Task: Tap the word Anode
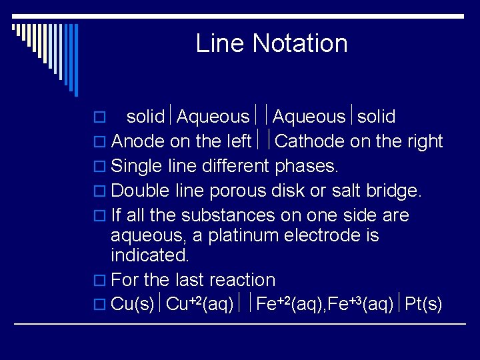coord(139,141)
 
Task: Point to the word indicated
coord(150,255)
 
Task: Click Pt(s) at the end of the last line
coord(423,305)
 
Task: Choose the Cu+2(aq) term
coord(199,305)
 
